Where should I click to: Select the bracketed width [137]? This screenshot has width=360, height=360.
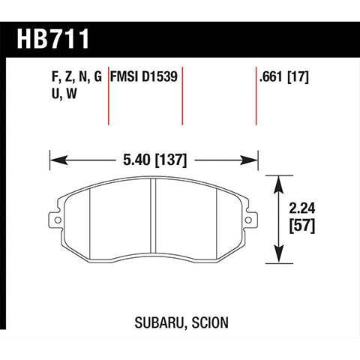click(x=171, y=159)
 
